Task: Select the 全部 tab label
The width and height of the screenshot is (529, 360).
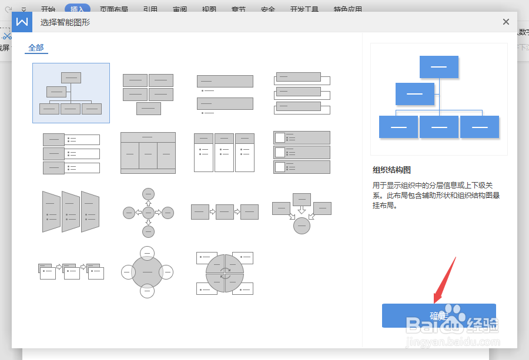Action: coord(36,48)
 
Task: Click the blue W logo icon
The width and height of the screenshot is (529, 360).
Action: coord(22,22)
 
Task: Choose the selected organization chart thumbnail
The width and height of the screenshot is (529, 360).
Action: coord(71,93)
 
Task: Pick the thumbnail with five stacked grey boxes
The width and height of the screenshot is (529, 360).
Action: coord(148,93)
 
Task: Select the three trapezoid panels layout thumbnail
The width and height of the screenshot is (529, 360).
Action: coord(71,211)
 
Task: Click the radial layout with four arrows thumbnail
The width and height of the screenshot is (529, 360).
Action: coord(148,212)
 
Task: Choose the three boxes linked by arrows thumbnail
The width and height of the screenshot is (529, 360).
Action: coord(225,211)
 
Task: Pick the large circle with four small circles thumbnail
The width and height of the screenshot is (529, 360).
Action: coord(148,272)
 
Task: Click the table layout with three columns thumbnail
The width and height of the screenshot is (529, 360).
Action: coord(148,153)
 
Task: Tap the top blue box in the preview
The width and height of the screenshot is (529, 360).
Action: coord(438,67)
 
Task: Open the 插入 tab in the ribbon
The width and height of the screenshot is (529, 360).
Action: coord(77,9)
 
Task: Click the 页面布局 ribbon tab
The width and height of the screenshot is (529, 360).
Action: coord(115,9)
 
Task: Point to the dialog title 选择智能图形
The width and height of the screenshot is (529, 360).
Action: coord(65,22)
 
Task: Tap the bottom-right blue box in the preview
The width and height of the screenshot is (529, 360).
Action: coord(480,127)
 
